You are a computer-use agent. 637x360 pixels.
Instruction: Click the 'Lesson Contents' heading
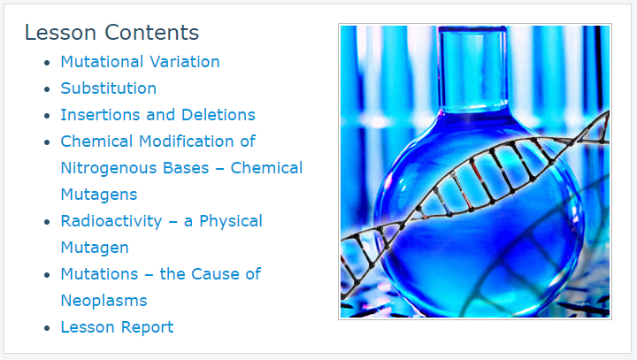click(111, 33)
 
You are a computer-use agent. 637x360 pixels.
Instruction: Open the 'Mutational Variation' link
click(140, 62)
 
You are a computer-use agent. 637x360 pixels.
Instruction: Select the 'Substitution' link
click(109, 88)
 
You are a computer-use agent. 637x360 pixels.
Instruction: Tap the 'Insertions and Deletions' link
click(158, 115)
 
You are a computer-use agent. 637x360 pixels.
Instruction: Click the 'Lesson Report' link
click(117, 327)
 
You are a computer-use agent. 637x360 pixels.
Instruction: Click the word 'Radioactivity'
click(111, 221)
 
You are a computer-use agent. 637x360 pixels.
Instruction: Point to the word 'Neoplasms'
click(104, 301)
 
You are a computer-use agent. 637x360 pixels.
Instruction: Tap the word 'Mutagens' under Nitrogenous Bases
click(99, 195)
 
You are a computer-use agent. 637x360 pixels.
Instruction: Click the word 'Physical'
click(231, 221)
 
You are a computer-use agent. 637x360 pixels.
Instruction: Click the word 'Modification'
click(187, 142)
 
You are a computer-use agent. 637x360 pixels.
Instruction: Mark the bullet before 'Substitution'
click(47, 89)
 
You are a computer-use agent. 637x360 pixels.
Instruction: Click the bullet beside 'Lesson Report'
click(47, 328)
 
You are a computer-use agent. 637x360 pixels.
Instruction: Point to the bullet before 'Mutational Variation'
click(47, 63)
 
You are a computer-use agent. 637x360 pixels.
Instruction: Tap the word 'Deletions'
click(219, 115)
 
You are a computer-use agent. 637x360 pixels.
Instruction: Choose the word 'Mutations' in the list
click(99, 274)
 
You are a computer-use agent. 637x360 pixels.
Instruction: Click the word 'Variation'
click(185, 62)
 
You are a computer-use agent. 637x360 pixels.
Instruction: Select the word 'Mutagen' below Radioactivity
click(95, 248)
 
